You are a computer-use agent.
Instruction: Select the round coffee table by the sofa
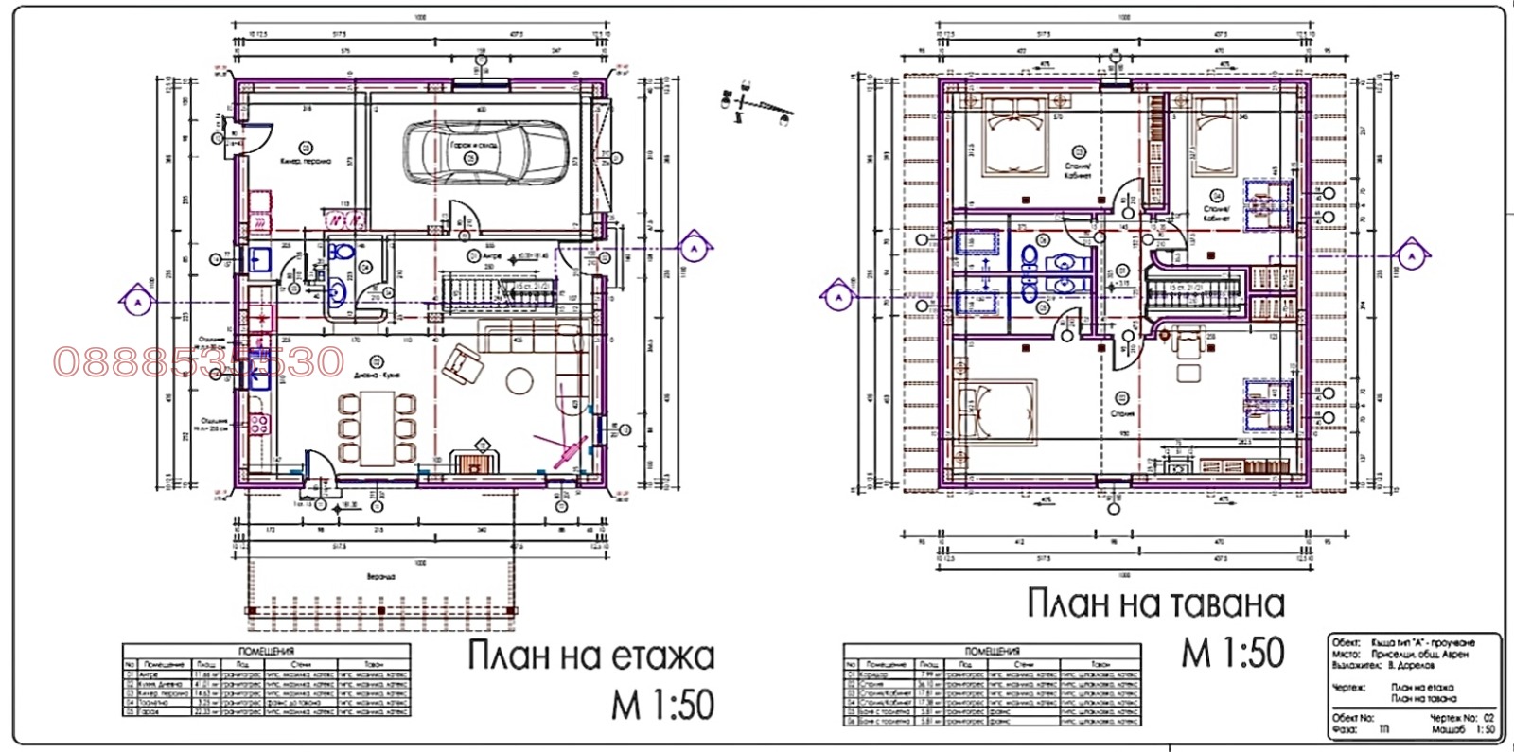click(519, 380)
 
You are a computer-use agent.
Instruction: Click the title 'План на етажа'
click(591, 656)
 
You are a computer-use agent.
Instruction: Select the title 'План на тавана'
click(1155, 603)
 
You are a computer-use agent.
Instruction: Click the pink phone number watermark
click(199, 361)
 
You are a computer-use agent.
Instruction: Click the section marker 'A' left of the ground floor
click(135, 302)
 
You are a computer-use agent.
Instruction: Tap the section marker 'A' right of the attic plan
click(1410, 255)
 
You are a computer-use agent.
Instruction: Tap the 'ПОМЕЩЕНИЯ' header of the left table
click(266, 651)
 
